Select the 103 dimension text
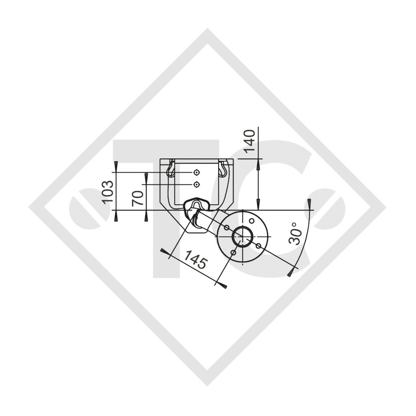pos(107,191)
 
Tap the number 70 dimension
pos(139,198)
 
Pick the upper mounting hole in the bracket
pos(197,173)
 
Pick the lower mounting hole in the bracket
pos(197,185)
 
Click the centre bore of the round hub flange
pos(243,237)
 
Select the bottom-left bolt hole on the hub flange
pos(233,253)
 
